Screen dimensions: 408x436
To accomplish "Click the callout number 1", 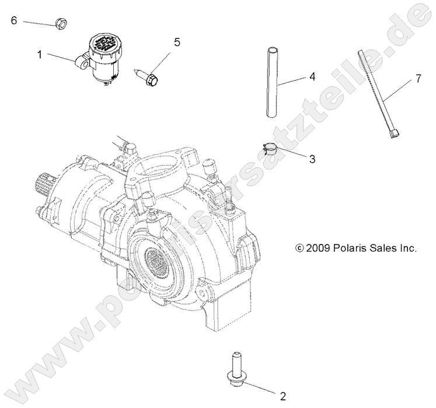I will coord(40,55).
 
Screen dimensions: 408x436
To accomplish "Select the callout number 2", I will coord(282,396).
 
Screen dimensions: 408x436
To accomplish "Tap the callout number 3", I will coord(312,159).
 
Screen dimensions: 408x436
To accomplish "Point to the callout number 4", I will coord(312,76).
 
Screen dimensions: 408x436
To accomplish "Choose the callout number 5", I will coord(177,41).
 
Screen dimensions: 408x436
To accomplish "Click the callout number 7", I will coord(418,79).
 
